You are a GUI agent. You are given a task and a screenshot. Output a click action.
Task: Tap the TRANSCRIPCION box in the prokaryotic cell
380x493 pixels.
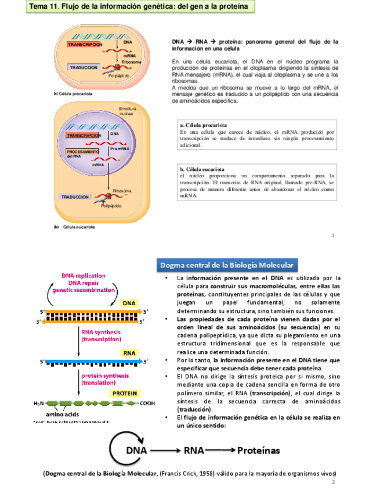pyautogui.click(x=85, y=45)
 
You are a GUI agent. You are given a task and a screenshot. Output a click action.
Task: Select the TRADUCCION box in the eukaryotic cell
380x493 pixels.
pyautogui.click(x=79, y=197)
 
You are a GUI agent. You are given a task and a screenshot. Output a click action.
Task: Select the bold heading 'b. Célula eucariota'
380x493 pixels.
pyautogui.click(x=202, y=168)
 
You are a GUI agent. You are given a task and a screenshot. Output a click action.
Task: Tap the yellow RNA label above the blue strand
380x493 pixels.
pyautogui.click(x=128, y=353)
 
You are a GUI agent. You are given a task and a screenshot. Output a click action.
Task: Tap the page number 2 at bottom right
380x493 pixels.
pyautogui.click(x=334, y=483)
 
